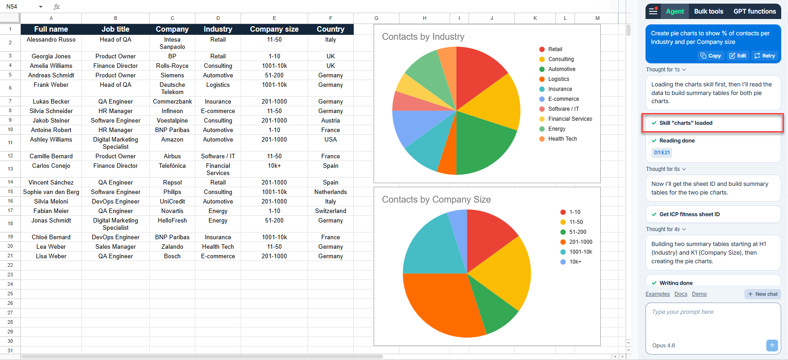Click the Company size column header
pos(274,29)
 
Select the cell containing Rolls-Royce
pos(172,66)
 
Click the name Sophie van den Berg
pos(51,192)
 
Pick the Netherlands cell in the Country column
pos(330,192)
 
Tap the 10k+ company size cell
pos(274,166)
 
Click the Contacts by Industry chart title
pos(423,37)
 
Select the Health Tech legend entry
pos(562,139)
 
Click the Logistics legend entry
pos(559,79)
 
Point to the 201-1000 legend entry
pos(580,242)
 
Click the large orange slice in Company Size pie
pos(439,303)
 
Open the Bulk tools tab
pos(708,11)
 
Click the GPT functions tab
pos(755,11)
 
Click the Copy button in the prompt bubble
pos(711,56)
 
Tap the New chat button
pos(763,294)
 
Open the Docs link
pos(680,294)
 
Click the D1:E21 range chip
pos(662,152)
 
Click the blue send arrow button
pos(772,345)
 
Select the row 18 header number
pos(10,223)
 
